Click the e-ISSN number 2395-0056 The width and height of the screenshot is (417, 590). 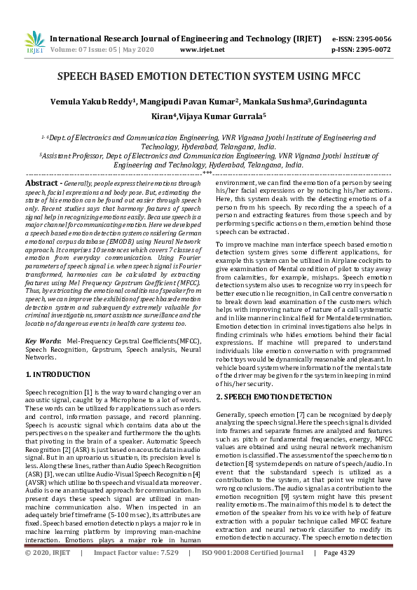(371, 39)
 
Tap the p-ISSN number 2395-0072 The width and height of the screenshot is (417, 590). (371, 50)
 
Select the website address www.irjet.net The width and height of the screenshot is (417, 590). (203, 50)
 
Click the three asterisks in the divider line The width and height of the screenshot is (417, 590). (207, 172)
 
